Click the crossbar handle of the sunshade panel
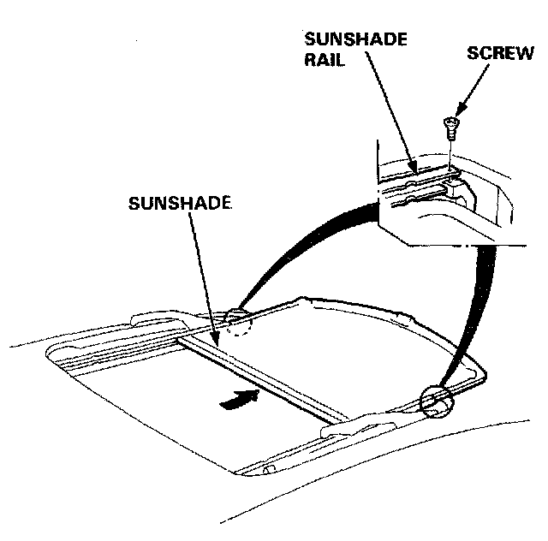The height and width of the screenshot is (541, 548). (x=257, y=377)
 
